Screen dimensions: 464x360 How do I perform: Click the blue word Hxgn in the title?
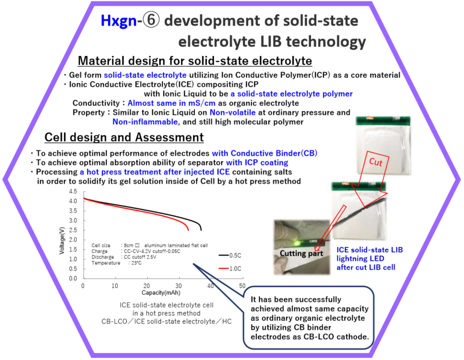click(118, 21)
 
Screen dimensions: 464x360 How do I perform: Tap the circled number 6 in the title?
click(151, 20)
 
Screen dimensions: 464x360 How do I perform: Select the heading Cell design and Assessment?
click(124, 137)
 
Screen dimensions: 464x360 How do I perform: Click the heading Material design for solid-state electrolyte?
click(195, 61)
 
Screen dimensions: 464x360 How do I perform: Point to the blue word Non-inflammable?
click(145, 122)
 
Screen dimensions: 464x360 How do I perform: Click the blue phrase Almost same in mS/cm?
click(171, 103)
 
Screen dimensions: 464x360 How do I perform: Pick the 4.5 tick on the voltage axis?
click(73, 192)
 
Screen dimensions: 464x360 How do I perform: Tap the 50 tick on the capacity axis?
click(242, 286)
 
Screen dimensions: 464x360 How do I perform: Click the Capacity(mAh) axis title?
click(161, 293)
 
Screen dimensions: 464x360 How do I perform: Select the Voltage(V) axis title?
click(62, 240)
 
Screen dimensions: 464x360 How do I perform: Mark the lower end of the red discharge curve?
click(188, 230)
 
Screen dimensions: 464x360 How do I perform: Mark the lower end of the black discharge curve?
click(201, 230)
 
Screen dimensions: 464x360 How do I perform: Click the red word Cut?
click(375, 162)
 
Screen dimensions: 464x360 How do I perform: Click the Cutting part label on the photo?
click(301, 253)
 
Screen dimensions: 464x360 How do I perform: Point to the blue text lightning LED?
click(360, 258)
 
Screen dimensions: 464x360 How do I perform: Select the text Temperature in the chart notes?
click(106, 263)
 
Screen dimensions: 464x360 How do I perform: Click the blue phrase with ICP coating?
click(257, 162)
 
